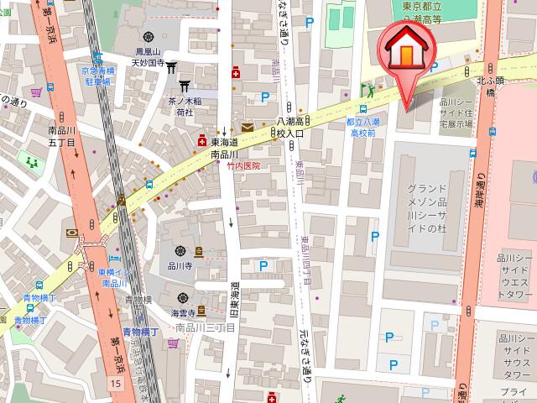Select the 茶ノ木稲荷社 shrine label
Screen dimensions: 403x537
click(x=183, y=104)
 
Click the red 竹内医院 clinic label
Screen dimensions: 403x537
click(x=243, y=166)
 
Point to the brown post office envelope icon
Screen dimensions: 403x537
click(x=247, y=128)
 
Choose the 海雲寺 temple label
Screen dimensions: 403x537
click(x=185, y=312)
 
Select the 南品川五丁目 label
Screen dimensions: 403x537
click(x=63, y=137)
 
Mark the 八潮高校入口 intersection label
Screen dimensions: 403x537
click(x=295, y=127)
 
